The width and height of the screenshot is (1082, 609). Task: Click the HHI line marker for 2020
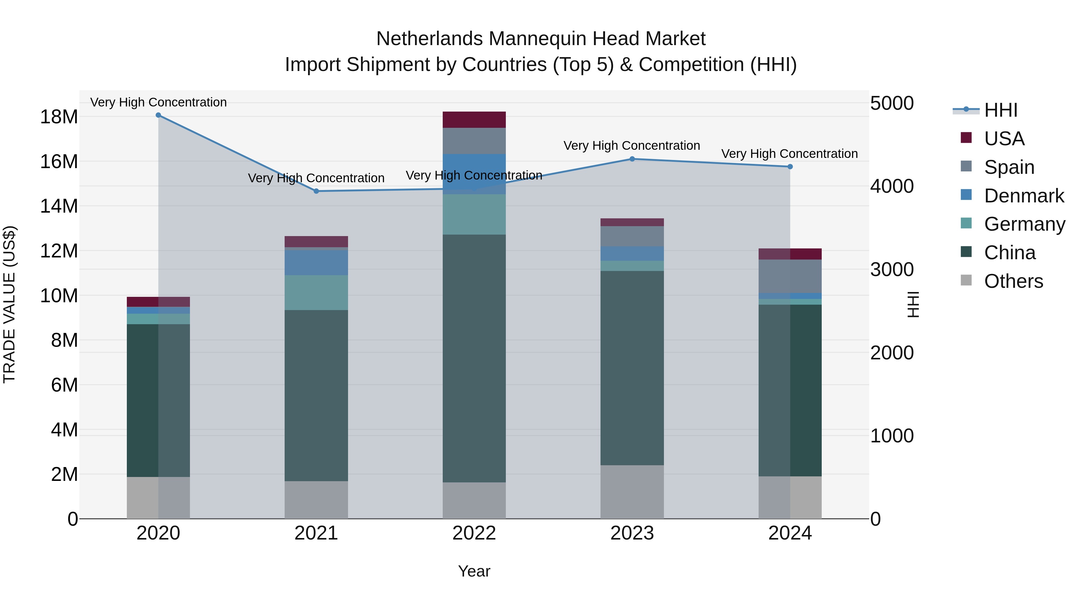coord(158,115)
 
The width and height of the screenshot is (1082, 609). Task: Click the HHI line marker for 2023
coord(632,159)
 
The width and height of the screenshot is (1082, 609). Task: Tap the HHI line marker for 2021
coord(316,191)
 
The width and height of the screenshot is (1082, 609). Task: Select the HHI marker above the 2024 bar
coord(790,167)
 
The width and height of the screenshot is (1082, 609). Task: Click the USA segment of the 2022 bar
coord(474,120)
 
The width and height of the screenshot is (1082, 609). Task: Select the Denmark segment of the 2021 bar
coord(316,263)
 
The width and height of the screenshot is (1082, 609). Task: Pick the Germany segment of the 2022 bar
coord(474,214)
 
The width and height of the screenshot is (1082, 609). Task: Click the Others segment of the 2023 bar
coord(632,492)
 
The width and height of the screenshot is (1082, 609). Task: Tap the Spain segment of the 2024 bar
coord(790,276)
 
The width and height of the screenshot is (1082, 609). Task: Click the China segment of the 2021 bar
coord(316,395)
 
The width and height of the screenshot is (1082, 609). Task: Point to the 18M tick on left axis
coord(59,117)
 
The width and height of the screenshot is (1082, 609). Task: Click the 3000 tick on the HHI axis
coord(892,269)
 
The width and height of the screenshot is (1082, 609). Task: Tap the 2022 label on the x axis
coord(474,533)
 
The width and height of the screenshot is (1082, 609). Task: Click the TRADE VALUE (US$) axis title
coord(9,304)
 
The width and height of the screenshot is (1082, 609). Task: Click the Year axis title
coord(474,571)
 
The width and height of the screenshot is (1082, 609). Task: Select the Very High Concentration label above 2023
coord(632,146)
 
